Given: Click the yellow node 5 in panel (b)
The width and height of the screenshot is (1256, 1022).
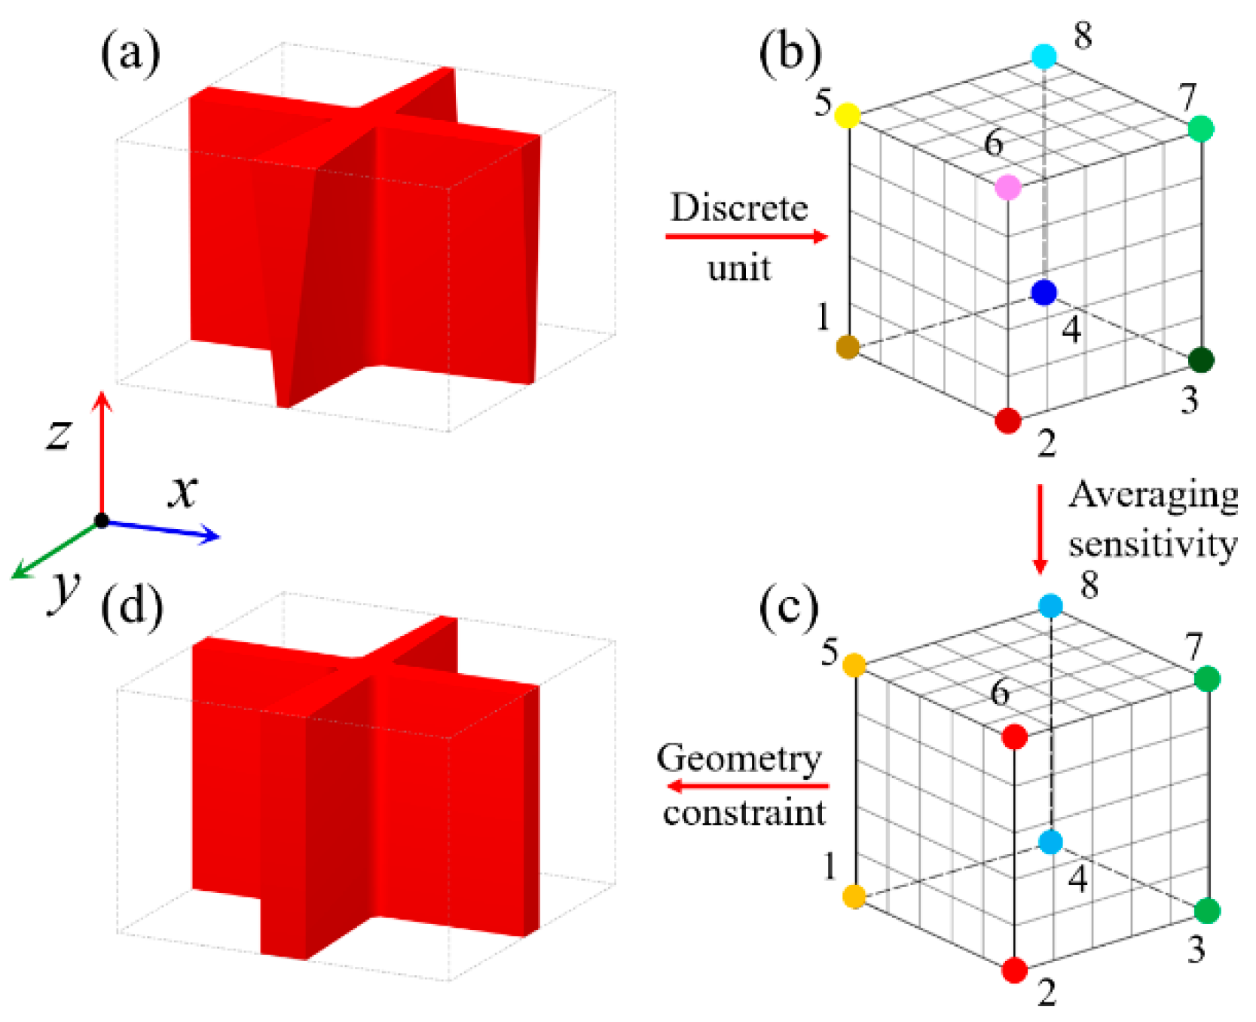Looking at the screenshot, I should [x=848, y=115].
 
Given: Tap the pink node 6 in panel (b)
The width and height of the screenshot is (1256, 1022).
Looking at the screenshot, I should [x=1007, y=187].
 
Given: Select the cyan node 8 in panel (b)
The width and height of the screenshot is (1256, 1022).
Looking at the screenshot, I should [x=1044, y=55].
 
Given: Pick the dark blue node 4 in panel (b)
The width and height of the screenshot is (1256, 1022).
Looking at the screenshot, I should [x=1044, y=292].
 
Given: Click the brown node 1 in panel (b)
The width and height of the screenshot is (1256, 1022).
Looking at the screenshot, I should [x=848, y=347].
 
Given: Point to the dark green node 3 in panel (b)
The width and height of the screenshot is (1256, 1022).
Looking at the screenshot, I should [x=1201, y=360].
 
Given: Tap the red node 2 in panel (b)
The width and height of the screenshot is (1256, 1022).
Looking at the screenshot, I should [x=1007, y=421].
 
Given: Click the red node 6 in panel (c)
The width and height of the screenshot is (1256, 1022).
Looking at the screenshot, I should [x=1014, y=736].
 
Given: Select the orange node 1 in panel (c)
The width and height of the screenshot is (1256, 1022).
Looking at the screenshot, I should [x=854, y=896].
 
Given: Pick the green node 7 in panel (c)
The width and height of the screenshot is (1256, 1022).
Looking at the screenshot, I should [x=1207, y=678].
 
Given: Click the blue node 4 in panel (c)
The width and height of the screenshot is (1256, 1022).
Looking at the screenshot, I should [x=1050, y=842].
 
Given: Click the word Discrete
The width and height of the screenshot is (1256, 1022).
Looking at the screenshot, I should [x=738, y=208].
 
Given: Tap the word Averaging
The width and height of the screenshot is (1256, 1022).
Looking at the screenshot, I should [x=1153, y=495].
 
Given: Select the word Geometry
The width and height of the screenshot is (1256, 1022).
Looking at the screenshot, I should [x=738, y=759].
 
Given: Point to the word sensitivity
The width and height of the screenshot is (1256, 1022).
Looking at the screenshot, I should [x=1153, y=544].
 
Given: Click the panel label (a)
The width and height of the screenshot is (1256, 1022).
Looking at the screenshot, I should [x=130, y=54].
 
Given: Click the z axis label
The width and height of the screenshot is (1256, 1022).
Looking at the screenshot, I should [x=58, y=434].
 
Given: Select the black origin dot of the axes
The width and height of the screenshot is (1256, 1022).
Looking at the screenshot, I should [x=102, y=520].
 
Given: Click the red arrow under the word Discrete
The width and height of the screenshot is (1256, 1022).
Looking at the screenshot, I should [x=746, y=237].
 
